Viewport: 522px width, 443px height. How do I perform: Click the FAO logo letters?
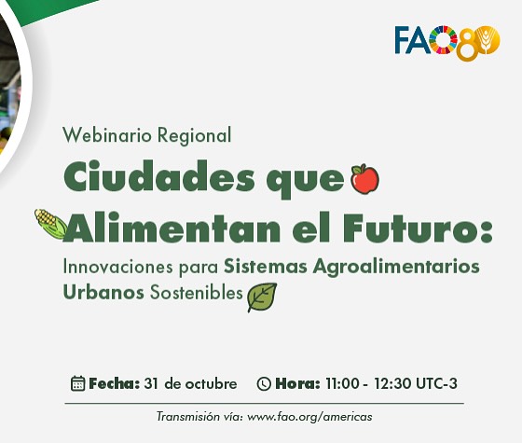424,40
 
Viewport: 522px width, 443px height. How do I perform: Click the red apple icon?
364,177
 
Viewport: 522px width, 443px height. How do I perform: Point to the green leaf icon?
262,297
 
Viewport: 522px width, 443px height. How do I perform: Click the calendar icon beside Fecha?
78,383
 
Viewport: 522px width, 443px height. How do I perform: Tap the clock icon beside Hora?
264,383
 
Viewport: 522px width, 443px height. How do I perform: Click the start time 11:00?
341,383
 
